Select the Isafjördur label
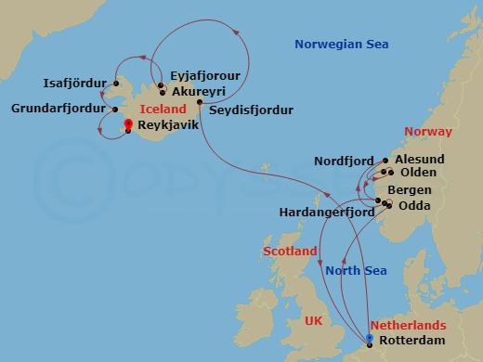pos(73,83)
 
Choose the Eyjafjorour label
pos(206,78)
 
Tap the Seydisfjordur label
pos(251,110)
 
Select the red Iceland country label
pos(162,110)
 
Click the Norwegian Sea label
pos(341,45)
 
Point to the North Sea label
pos(355,271)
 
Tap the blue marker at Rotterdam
pos(370,340)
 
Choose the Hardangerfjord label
pos(326,213)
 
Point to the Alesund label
pos(419,160)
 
